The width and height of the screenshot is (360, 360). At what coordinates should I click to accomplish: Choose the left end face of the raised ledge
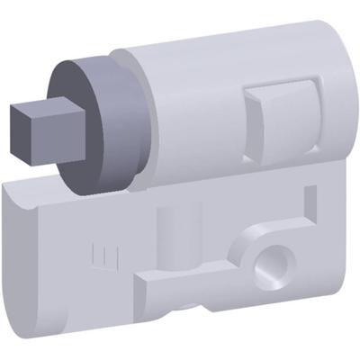point(141,290)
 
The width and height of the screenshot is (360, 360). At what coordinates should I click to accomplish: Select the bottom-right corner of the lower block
point(346,310)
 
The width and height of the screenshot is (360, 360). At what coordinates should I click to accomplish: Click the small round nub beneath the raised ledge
point(184,307)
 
